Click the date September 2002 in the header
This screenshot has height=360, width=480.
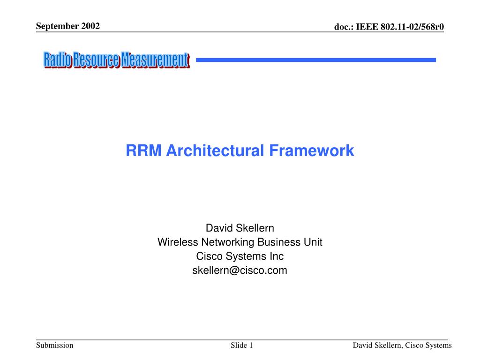point(68,26)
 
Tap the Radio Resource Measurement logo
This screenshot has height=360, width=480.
point(116,60)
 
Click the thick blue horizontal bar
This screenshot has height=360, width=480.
point(315,60)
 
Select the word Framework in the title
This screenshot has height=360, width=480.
point(311,150)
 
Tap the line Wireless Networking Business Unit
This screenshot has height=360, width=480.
point(240,242)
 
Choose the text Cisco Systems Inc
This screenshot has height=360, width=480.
point(240,256)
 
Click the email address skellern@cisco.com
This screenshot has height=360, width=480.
point(240,270)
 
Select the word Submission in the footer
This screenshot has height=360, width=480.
point(55,345)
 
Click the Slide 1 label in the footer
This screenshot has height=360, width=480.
point(242,345)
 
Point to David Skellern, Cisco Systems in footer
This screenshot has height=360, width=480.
point(402,345)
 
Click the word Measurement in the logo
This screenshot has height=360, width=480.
point(155,60)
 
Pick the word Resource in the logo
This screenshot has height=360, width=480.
point(96,60)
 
